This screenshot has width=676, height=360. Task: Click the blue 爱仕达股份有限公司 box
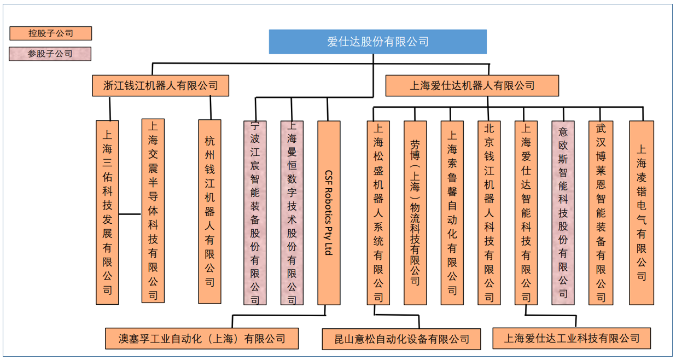(x=377, y=42)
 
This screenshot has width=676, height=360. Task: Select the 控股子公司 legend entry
(x=50, y=33)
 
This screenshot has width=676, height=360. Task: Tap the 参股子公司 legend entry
(x=50, y=54)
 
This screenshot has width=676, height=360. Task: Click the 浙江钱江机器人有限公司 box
(x=160, y=86)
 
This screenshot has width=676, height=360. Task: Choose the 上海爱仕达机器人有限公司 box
(x=472, y=86)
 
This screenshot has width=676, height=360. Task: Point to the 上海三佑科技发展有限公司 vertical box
(x=107, y=212)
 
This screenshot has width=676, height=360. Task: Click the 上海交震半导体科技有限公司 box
(x=153, y=211)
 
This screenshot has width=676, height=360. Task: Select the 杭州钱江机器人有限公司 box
(x=209, y=212)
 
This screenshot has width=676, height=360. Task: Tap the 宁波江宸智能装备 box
(x=255, y=213)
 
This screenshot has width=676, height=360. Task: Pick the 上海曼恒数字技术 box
(x=292, y=213)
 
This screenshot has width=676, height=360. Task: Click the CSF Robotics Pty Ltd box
(x=329, y=213)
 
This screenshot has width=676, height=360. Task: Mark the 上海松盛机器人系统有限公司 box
(x=378, y=213)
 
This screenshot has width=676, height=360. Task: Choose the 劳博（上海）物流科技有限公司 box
(x=415, y=213)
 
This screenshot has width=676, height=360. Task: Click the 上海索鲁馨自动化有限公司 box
(x=452, y=213)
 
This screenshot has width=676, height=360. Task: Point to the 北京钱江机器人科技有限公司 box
(x=489, y=213)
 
